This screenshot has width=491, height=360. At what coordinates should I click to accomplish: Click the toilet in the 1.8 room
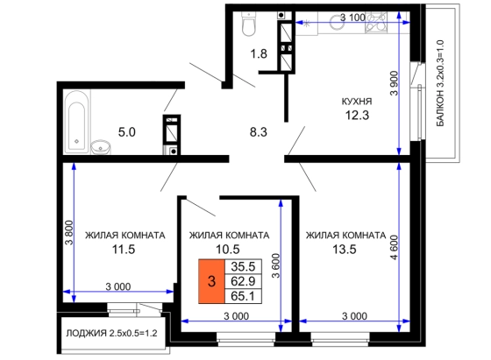pos(249,24)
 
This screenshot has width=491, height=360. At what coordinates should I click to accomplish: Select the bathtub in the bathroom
pos(76,122)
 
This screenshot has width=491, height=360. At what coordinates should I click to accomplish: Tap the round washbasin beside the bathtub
pos(101,147)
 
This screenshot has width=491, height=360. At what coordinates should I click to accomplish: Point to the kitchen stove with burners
pos(376,22)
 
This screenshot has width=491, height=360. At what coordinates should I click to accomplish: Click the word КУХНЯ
pos(357,102)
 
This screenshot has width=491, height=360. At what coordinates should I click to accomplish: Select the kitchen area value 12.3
pos(357,116)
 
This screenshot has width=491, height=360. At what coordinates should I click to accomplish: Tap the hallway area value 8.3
pos(259,132)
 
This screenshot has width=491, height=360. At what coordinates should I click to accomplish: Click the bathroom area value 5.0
pos(127,132)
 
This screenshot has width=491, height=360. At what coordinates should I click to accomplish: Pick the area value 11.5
pos(124,250)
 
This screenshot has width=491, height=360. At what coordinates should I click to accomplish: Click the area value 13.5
pos(345,250)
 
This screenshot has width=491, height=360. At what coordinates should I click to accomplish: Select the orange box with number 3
pos(211,281)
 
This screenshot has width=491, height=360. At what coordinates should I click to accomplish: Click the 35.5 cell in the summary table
pos(243,266)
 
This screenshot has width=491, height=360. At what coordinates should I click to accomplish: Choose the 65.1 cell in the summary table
pos(243,296)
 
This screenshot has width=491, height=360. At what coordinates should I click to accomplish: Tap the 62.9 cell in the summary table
pos(243,281)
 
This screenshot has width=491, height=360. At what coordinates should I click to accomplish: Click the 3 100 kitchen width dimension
pos(352,18)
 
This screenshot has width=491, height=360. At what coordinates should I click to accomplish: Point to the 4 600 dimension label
pos(394,247)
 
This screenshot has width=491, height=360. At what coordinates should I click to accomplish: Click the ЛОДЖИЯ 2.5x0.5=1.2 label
pos(111,334)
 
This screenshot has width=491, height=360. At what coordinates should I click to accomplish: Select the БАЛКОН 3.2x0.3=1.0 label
pos(440,83)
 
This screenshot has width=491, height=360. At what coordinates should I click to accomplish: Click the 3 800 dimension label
pos(69,233)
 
